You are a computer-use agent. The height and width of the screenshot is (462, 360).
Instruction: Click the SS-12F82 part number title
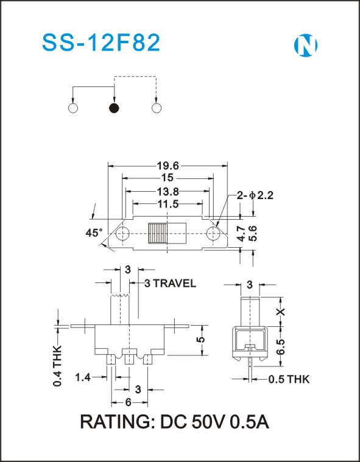(x=101, y=43)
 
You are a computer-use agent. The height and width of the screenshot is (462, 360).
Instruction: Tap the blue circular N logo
(x=306, y=46)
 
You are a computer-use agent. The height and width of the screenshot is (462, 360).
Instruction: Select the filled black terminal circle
(x=114, y=108)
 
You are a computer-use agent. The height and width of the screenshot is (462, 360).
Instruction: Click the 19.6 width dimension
(x=168, y=166)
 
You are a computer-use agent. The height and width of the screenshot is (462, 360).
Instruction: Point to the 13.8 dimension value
(x=168, y=192)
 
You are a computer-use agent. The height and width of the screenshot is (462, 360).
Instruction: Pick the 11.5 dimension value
(x=168, y=204)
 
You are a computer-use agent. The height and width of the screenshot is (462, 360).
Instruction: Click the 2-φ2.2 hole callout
(x=255, y=195)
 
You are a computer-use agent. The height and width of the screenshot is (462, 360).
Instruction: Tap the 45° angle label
(x=94, y=233)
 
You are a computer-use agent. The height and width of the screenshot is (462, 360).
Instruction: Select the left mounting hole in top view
(x=122, y=234)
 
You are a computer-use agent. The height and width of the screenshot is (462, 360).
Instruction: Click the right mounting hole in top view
(x=213, y=234)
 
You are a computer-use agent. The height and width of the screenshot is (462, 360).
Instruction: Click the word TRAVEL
(x=174, y=284)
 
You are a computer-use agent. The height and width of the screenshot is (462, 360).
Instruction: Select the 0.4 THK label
(x=57, y=365)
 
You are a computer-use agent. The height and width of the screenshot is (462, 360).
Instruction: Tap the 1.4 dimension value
(x=83, y=377)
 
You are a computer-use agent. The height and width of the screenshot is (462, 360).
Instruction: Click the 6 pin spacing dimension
(x=129, y=402)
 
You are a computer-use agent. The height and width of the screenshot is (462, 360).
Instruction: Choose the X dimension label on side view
(x=281, y=312)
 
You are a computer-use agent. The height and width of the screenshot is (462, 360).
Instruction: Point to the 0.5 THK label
(x=289, y=379)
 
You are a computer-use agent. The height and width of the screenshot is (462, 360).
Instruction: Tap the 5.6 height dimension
(x=253, y=233)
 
